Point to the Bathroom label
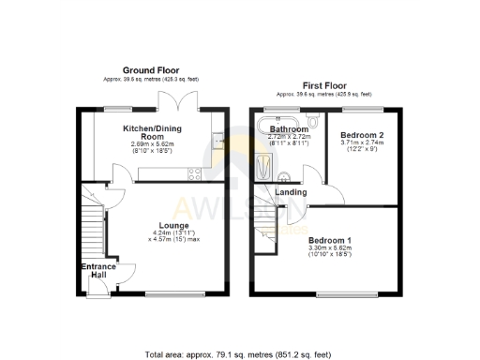[x=289, y=130]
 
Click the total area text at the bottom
[x=239, y=355]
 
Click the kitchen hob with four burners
[x=195, y=172]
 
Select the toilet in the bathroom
[x=313, y=123]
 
